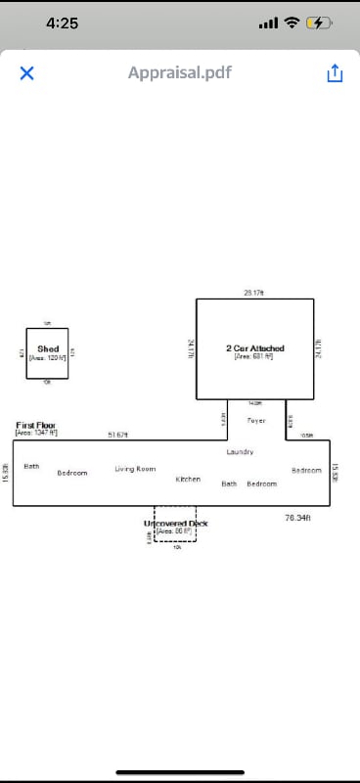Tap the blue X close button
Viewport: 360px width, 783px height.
tap(26, 73)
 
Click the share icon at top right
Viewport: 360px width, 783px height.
tap(335, 73)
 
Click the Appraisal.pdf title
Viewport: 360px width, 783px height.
tap(180, 72)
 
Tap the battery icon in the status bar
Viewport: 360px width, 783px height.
tap(319, 23)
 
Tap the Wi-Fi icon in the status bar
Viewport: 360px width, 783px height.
tap(292, 23)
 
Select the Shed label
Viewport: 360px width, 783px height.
tap(48, 348)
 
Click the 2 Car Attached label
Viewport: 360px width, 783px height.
tap(254, 348)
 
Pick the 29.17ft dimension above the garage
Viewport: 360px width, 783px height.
tap(254, 293)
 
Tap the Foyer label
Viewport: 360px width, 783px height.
tap(256, 420)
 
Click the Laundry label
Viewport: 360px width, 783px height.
tap(240, 452)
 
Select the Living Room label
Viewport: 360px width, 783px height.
tap(135, 469)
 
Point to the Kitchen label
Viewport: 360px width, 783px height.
tap(188, 480)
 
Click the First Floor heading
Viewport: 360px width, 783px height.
tap(36, 426)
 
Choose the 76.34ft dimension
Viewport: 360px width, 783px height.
tap(297, 517)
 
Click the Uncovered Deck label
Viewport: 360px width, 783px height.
tap(176, 524)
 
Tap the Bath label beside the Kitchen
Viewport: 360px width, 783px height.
tap(229, 484)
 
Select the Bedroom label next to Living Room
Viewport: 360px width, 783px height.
tap(71, 473)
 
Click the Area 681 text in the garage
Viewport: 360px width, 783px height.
tap(253, 356)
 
